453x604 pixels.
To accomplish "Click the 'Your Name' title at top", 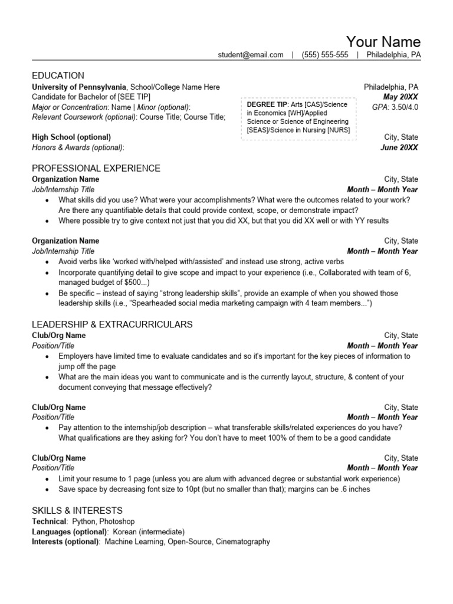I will click(x=383, y=41).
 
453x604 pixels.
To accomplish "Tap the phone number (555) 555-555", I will click(x=324, y=55).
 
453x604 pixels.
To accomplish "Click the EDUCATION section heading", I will click(x=58, y=75).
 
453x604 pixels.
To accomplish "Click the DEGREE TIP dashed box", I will click(x=298, y=117).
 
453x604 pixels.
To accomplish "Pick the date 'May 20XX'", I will click(x=401, y=97).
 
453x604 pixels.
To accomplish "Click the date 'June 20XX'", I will click(x=399, y=147).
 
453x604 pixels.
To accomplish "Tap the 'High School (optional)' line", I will click(x=71, y=137).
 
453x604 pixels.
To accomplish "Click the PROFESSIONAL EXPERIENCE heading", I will click(x=96, y=169).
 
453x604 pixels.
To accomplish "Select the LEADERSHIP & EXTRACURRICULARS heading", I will click(x=111, y=324).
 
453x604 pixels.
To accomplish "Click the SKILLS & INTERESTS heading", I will click(x=77, y=511).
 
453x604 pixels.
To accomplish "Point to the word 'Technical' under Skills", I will click(x=48, y=521).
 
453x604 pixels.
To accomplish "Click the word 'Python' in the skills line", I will click(x=83, y=521).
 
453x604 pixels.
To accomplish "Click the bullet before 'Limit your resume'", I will click(x=47, y=479).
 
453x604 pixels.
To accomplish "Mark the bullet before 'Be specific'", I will click(x=47, y=294).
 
